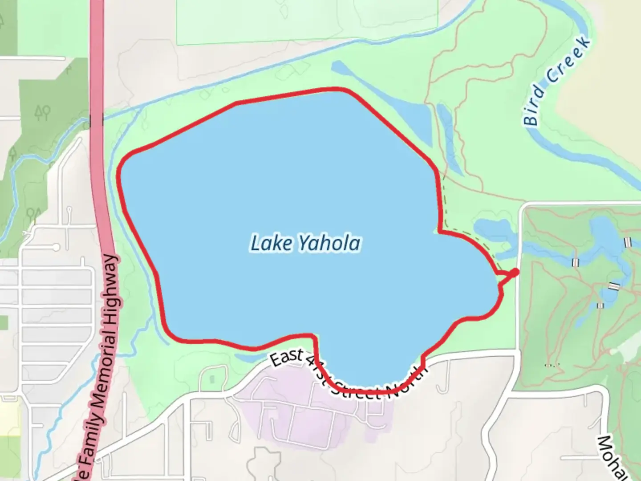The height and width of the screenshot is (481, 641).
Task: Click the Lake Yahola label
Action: click(x=305, y=244)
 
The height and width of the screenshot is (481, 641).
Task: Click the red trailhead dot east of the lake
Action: click(x=515, y=272)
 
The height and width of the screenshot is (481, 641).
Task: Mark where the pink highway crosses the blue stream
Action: click(x=96, y=119)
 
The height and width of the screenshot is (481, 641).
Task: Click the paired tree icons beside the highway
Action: click(x=43, y=113)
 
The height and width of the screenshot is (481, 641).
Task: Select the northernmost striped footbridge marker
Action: click(x=628, y=242)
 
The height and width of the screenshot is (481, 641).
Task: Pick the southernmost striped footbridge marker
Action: click(x=600, y=306)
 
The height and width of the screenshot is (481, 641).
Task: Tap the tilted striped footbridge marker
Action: click(x=614, y=286)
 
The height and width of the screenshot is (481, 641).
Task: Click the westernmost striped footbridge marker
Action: click(x=575, y=262)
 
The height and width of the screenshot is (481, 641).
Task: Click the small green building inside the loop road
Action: click(x=211, y=379)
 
